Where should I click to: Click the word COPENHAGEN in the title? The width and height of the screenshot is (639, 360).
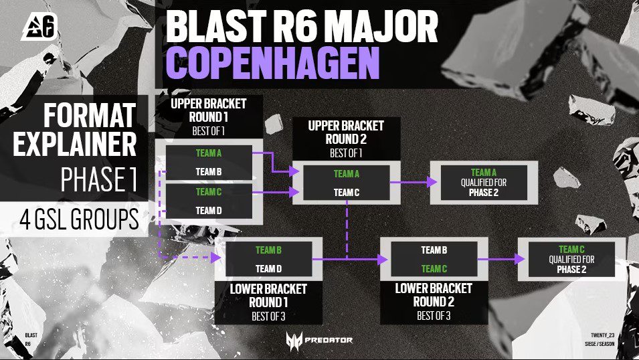[272, 62]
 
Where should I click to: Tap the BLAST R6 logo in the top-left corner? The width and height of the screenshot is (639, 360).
[39, 27]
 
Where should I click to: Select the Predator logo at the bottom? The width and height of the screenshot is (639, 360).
[319, 341]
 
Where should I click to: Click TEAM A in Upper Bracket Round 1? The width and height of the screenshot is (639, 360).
[209, 153]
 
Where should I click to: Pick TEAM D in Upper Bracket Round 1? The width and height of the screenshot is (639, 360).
[209, 211]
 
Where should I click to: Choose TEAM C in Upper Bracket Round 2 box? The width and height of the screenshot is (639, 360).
[347, 193]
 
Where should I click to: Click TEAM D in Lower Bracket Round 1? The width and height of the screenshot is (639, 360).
[268, 269]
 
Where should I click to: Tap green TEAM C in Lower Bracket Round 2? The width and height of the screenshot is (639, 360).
[434, 269]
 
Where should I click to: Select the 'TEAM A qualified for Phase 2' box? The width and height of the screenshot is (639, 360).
[484, 183]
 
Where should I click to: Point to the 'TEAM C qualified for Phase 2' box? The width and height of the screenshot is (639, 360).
[572, 260]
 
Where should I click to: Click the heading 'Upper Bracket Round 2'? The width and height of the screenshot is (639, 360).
[346, 132]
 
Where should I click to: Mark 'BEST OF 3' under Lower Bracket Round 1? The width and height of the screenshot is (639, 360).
[268, 317]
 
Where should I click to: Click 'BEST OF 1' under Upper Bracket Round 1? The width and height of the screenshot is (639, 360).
[208, 131]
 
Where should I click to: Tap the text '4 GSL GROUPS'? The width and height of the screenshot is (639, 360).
[79, 219]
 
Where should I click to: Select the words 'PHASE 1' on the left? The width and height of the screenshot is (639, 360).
[98, 179]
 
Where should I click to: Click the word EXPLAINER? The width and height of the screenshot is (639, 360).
[74, 144]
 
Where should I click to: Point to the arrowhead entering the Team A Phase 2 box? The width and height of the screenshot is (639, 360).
[432, 182]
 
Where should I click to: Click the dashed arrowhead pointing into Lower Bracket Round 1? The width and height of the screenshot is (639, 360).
[215, 257]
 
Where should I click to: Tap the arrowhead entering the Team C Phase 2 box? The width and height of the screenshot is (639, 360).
[520, 259]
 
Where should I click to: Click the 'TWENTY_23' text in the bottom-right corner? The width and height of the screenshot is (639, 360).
[602, 335]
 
